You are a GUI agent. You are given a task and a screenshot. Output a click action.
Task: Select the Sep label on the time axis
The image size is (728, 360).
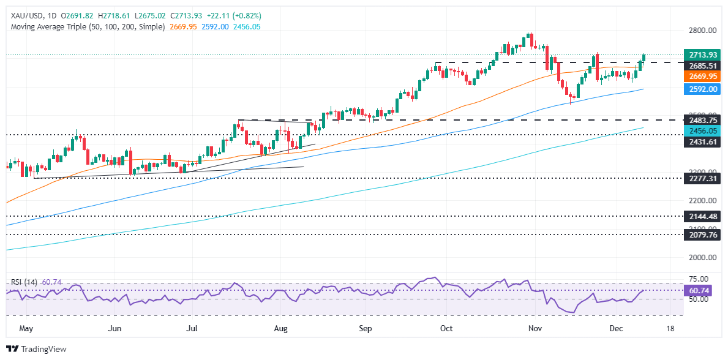tap(366, 328)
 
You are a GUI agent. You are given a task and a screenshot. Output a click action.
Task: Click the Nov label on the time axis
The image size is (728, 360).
tap(536, 328)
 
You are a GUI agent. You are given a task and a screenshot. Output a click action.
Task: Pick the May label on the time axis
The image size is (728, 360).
tap(26, 328)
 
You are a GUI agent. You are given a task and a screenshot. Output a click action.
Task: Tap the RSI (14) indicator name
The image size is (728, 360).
tap(24, 282)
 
